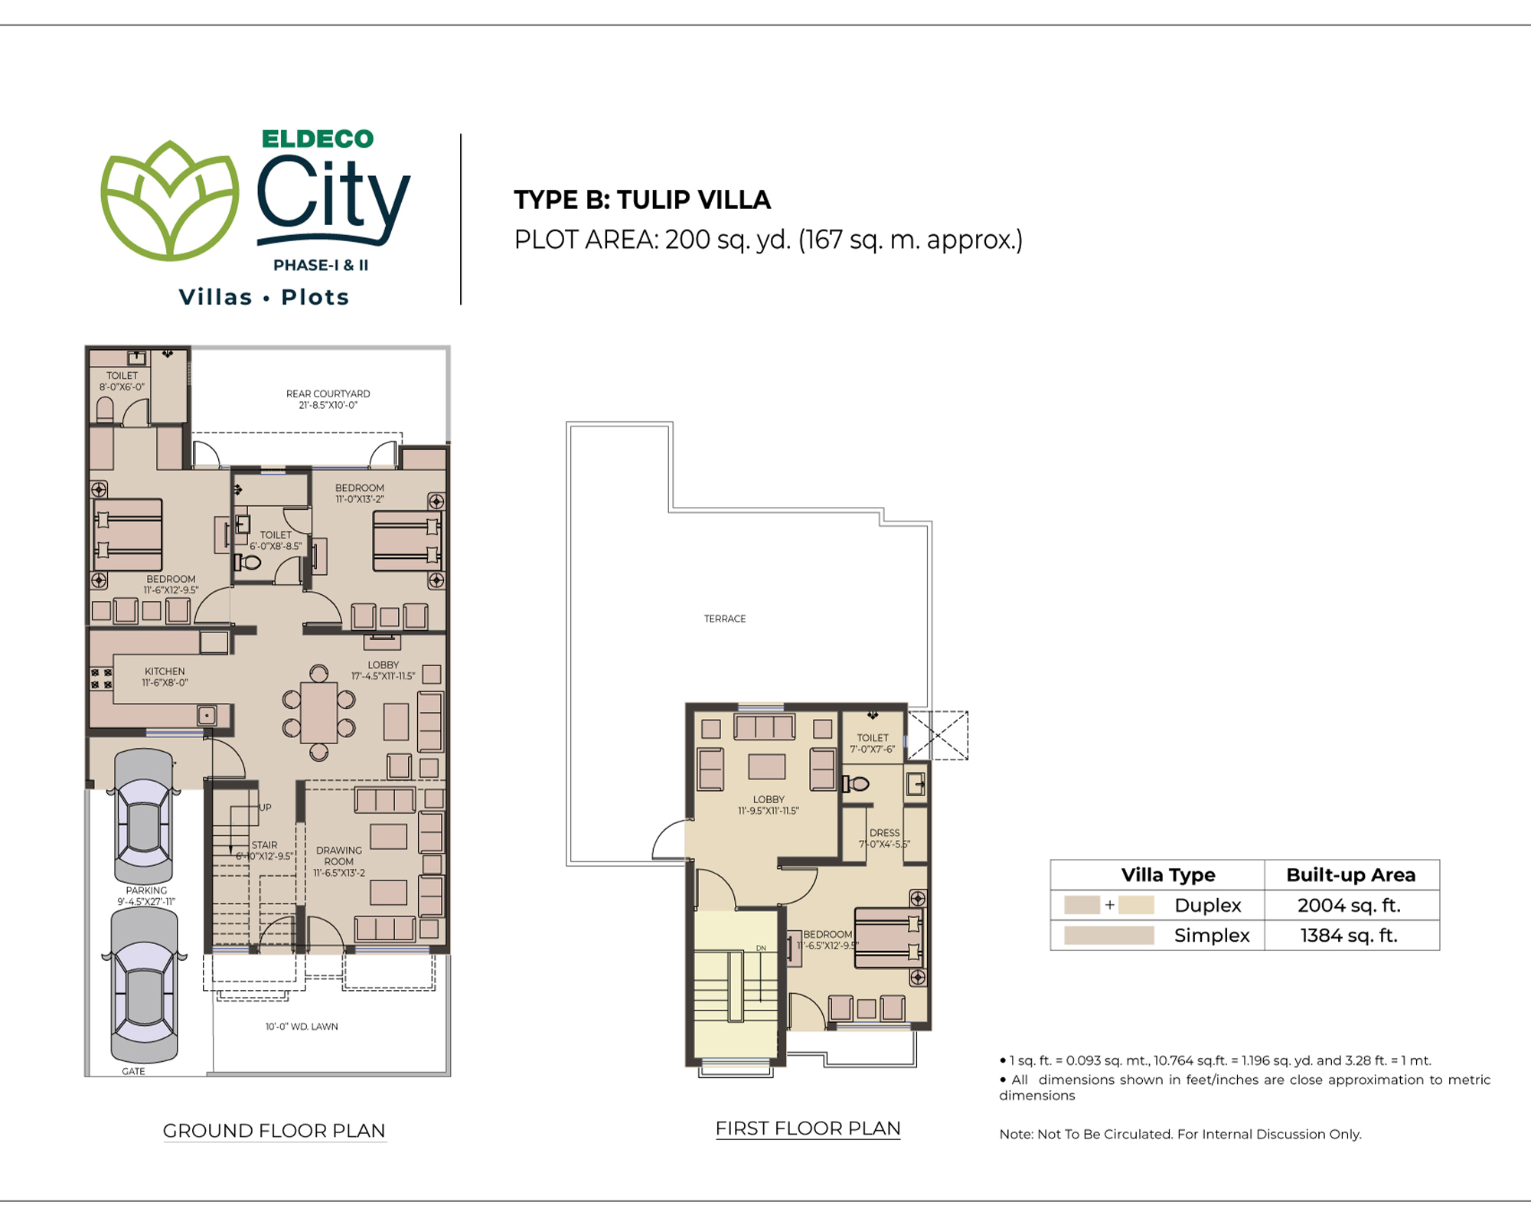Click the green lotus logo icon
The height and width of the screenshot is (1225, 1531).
click(x=170, y=201)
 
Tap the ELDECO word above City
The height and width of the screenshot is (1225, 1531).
click(x=318, y=139)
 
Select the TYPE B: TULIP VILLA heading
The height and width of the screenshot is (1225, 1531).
click(x=642, y=200)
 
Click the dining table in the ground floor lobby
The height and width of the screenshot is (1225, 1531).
click(x=319, y=712)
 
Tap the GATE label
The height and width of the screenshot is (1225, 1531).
click(x=133, y=1071)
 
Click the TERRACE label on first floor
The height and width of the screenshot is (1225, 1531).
click(x=725, y=619)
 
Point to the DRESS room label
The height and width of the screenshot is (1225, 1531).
click(x=885, y=832)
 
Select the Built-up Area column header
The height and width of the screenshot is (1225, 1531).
click(x=1351, y=874)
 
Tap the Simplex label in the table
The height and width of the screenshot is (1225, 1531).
click(x=1212, y=935)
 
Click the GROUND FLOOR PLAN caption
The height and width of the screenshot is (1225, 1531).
click(x=274, y=1131)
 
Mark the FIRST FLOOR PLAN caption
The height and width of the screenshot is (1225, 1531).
click(x=808, y=1129)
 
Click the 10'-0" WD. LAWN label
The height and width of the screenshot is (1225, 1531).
click(x=302, y=1027)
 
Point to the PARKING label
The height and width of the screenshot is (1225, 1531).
click(x=146, y=890)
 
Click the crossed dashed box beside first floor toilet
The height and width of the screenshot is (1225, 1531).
click(x=938, y=736)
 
